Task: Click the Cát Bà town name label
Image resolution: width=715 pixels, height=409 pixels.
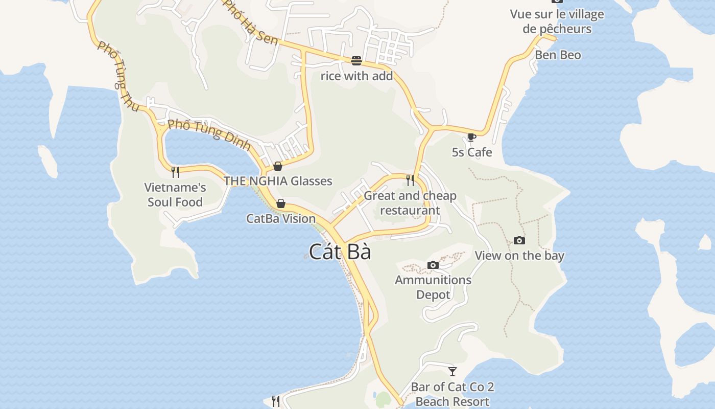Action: point(340,252)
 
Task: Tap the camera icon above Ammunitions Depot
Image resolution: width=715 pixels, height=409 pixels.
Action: point(433,265)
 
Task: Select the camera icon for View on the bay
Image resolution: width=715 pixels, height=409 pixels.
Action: point(519,240)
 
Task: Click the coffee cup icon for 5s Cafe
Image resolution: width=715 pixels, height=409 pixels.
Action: point(471,137)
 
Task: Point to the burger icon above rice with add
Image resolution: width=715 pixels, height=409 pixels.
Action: point(356,61)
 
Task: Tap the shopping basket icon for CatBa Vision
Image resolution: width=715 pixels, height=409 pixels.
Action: point(280,203)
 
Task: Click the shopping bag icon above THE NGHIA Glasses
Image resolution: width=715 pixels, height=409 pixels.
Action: point(277,166)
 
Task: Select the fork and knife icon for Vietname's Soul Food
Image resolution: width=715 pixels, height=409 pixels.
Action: point(175,172)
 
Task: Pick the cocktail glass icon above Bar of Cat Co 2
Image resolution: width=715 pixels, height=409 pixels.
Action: point(452,372)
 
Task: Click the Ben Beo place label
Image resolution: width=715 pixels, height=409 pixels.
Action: point(558,55)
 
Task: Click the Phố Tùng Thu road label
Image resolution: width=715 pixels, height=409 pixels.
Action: point(118,77)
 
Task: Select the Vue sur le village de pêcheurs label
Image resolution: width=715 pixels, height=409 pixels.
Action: point(557,21)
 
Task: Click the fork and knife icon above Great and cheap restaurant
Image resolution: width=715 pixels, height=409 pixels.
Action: point(410,180)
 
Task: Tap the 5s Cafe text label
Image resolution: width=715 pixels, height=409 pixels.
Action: point(472,152)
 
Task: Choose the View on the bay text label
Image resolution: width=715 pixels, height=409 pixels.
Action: point(519,256)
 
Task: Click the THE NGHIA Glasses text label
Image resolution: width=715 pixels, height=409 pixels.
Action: point(278,181)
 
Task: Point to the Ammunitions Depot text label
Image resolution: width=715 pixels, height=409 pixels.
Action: point(433,287)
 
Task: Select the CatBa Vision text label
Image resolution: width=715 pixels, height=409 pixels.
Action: point(281,218)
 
